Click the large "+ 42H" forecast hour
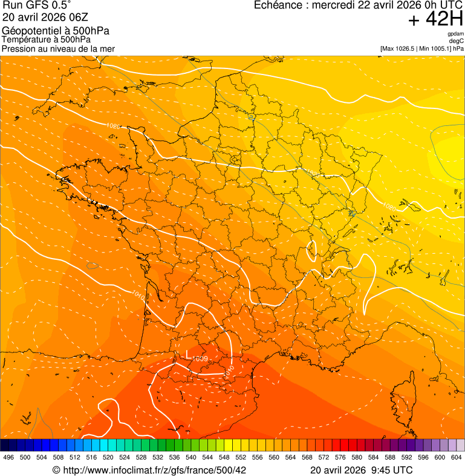click(435, 19)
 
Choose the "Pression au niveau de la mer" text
click(58, 48)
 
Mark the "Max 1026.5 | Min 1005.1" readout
click(417, 48)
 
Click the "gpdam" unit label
click(456, 34)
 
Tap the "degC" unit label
click(457, 41)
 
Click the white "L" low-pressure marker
click(188, 354)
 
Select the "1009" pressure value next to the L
click(201, 359)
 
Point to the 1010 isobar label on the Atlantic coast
click(137, 296)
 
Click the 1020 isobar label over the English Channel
click(112, 126)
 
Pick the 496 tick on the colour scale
click(8, 458)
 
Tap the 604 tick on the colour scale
click(457, 458)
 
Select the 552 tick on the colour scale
click(241, 458)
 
